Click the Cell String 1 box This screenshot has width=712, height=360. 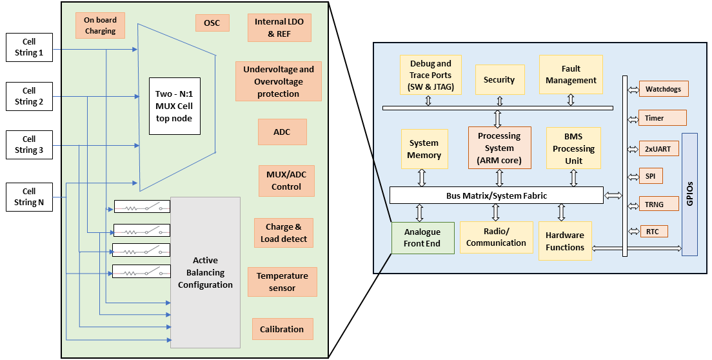coord(29,48)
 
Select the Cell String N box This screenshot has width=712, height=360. coord(29,197)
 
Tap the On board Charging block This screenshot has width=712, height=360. coord(100,25)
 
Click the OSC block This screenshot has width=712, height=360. coord(212,23)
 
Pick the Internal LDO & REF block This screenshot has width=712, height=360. coord(279,28)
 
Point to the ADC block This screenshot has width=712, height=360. coord(282,132)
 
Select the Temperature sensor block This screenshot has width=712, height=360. coord(282,282)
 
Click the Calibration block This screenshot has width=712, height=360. coord(282,329)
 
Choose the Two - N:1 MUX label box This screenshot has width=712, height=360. coord(173,106)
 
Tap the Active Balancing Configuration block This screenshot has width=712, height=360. coord(205,272)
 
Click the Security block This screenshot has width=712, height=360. coord(499,80)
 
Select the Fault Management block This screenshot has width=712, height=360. coord(571,74)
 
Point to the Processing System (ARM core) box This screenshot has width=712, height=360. coord(499,148)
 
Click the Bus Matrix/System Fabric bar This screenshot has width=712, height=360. coord(496,195)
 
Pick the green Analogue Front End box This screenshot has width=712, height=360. coord(422,237)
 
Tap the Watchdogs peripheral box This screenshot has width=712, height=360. coord(663,88)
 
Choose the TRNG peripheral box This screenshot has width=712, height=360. coord(658,203)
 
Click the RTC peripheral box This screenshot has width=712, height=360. coord(652,231)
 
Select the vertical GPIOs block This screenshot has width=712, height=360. coord(689,194)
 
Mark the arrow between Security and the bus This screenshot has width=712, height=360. coord(499,101)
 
